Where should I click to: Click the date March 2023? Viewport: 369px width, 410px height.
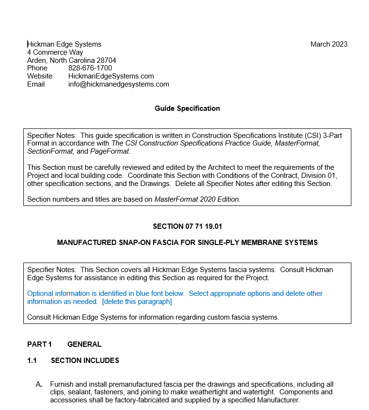[x=329, y=44]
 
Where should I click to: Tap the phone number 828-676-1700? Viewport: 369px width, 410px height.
[x=90, y=68]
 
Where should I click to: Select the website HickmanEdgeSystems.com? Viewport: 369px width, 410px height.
[x=111, y=76]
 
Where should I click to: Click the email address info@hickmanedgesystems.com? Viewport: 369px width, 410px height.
[x=118, y=84]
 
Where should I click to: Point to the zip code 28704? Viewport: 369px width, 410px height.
[x=106, y=60]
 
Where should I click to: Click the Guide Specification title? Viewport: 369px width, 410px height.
[x=187, y=108]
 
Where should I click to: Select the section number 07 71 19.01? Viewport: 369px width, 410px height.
[x=204, y=226]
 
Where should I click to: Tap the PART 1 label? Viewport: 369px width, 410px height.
[x=40, y=344]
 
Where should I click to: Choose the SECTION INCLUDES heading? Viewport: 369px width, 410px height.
[x=85, y=361]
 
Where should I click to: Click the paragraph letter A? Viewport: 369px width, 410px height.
[x=39, y=384]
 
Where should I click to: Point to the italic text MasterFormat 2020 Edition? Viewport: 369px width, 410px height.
[x=197, y=199]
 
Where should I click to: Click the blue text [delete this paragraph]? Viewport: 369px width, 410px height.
[x=137, y=302]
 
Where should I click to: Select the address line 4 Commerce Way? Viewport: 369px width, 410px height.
[x=55, y=52]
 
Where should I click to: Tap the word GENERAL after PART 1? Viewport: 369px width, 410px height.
[x=84, y=344]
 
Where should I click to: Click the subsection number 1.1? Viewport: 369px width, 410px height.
[x=32, y=361]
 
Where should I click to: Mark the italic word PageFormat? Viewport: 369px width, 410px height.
[x=110, y=151]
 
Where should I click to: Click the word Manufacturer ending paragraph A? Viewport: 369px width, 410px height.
[x=278, y=400]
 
